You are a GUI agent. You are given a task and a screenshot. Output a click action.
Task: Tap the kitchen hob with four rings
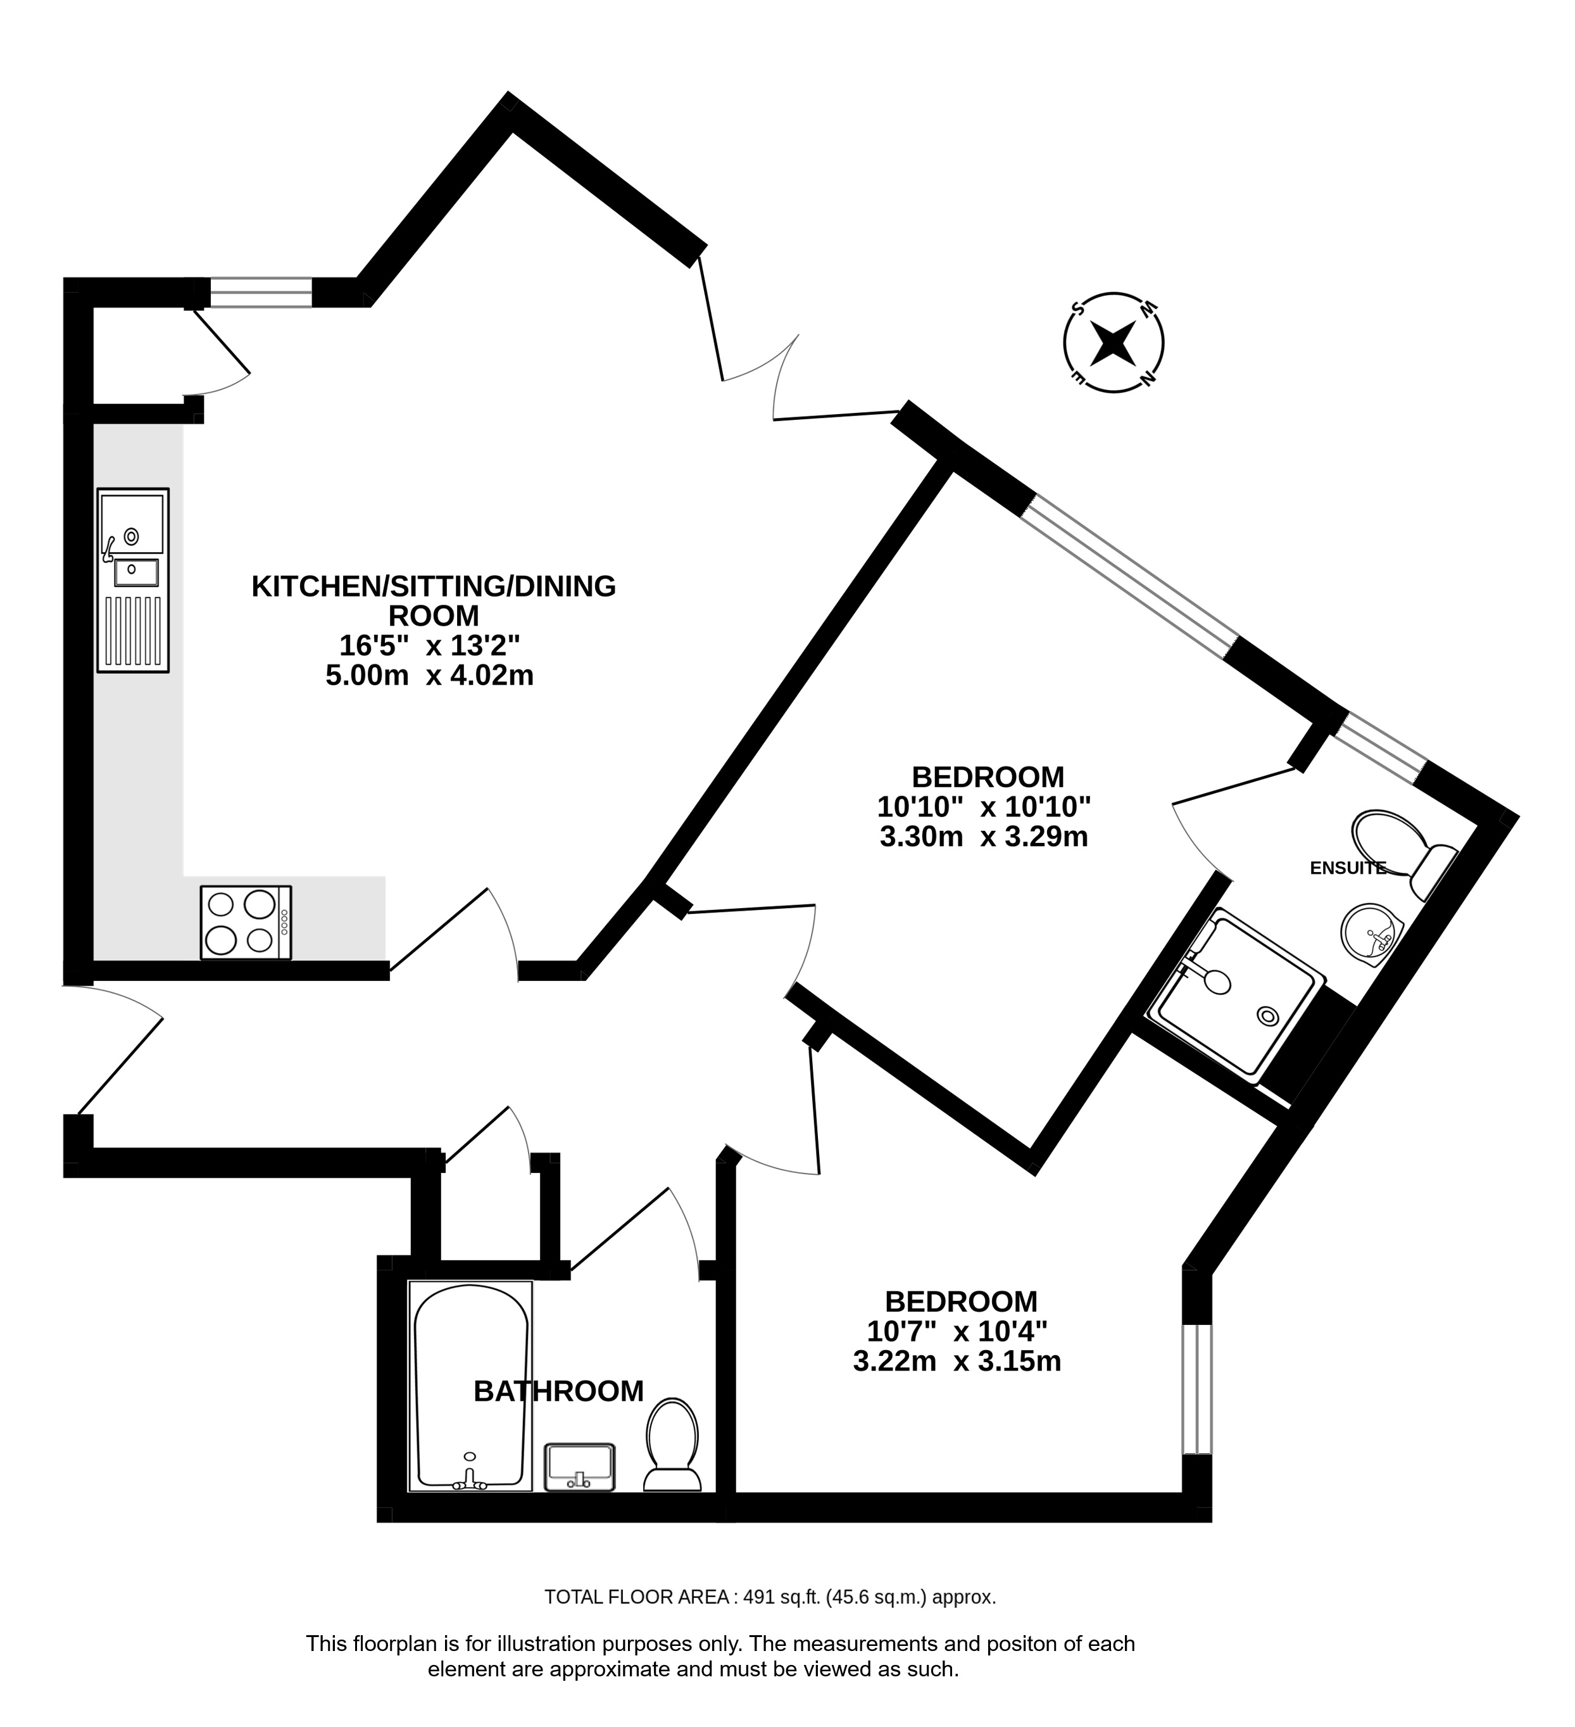point(246,923)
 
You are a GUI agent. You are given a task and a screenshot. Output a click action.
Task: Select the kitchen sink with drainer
point(133,580)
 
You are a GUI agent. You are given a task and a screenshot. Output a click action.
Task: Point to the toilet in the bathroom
point(673,1445)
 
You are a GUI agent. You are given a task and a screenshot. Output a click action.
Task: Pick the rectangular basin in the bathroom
point(580,1467)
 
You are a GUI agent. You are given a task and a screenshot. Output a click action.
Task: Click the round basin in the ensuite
point(1371,935)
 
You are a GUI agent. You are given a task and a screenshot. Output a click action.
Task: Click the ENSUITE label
point(1348,868)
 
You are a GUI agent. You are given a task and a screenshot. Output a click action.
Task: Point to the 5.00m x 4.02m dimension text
point(429,675)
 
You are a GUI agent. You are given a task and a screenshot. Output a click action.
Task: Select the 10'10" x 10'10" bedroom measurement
point(984,806)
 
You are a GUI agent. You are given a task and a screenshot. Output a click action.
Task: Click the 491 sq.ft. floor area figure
point(782,1597)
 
